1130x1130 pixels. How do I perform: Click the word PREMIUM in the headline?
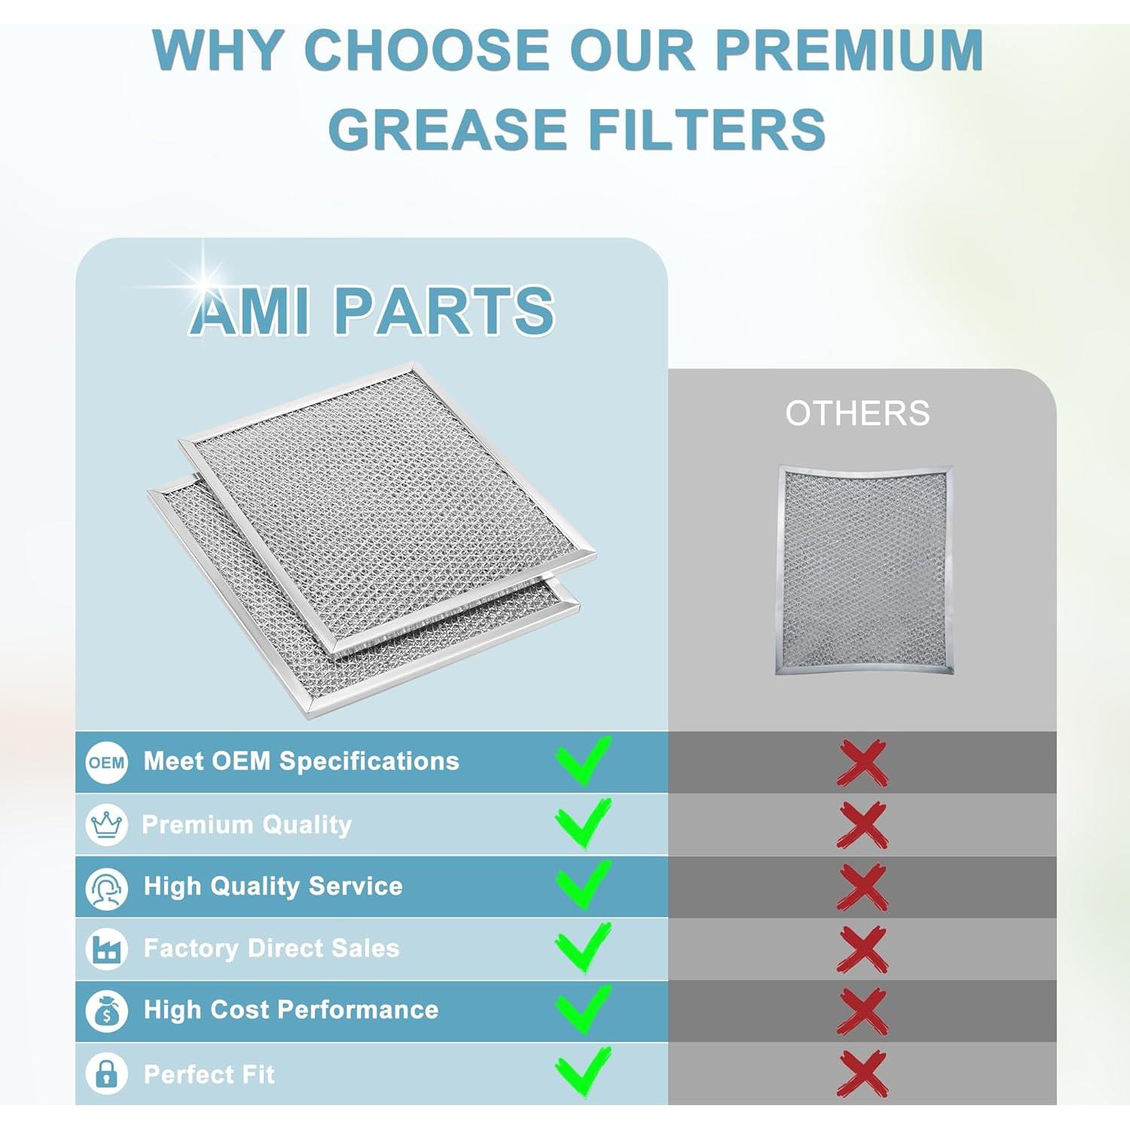tap(848, 51)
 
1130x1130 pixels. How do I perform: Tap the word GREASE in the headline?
tap(447, 130)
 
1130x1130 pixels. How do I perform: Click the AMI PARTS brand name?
tap(372, 310)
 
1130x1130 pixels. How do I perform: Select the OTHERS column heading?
tap(857, 414)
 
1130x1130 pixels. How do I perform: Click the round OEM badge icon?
tap(106, 762)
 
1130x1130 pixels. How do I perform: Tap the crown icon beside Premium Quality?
tap(106, 825)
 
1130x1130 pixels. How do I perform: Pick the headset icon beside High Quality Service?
tap(106, 887)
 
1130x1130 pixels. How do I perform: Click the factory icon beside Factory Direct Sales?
tap(106, 949)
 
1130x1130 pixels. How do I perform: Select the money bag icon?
tap(106, 1011)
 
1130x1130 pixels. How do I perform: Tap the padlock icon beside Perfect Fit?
tap(106, 1073)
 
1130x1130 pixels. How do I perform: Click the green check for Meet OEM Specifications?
tap(583, 761)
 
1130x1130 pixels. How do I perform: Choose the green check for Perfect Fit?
tap(583, 1071)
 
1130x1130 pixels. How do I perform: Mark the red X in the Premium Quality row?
tap(863, 825)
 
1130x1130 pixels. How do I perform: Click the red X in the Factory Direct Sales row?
tap(863, 949)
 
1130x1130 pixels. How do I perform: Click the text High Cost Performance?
tap(291, 1010)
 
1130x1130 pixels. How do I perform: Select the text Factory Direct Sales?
tap(271, 948)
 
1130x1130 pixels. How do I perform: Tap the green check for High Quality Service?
tap(583, 885)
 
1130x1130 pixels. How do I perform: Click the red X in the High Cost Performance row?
tap(863, 1011)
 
